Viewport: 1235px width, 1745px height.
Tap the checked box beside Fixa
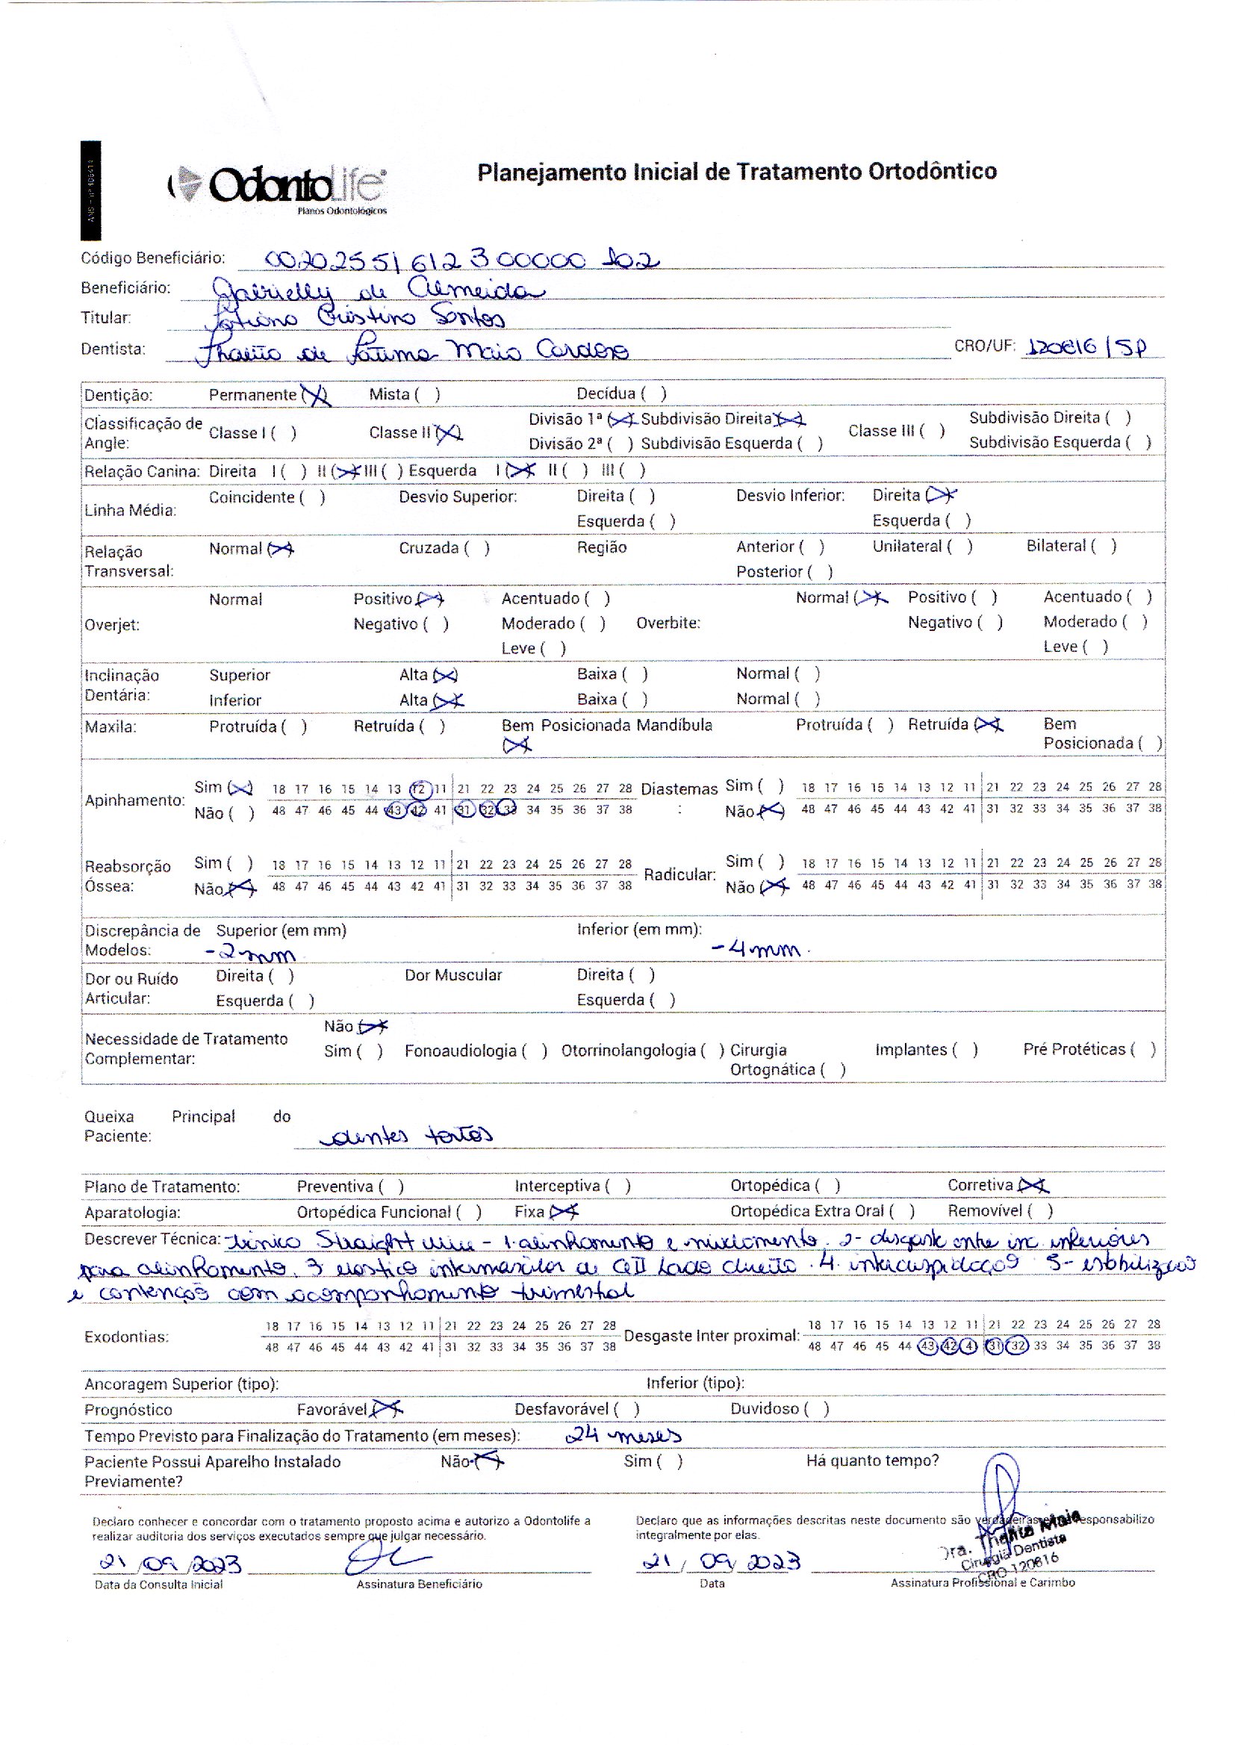(x=564, y=1211)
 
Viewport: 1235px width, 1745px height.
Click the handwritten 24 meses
(x=623, y=1436)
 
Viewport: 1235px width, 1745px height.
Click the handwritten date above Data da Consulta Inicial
(x=170, y=1564)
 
